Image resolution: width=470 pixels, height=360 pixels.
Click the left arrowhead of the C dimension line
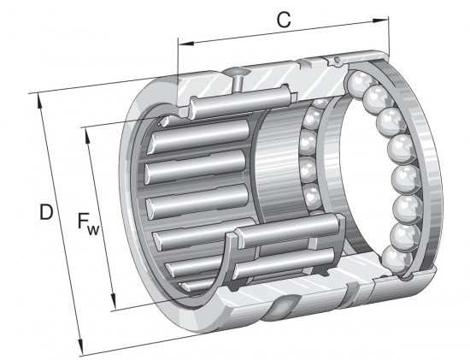click(x=182, y=39)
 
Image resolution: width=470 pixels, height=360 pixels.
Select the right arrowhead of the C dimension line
click(x=390, y=39)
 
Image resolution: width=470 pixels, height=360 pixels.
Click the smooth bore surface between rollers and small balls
click(x=278, y=171)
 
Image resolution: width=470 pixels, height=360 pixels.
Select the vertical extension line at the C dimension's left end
click(x=178, y=64)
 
